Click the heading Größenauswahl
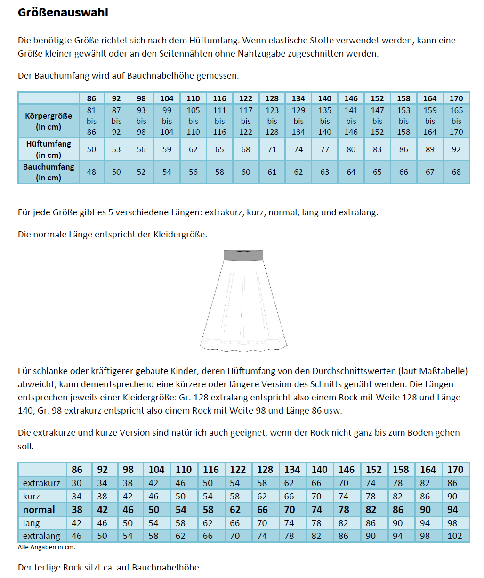(x=63, y=13)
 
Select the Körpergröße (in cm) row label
(x=48, y=121)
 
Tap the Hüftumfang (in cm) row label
(x=48, y=149)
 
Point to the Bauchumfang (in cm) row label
(x=48, y=172)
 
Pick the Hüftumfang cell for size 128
(x=272, y=149)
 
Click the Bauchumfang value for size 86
(x=91, y=172)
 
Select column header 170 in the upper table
(x=456, y=98)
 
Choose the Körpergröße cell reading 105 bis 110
(x=193, y=121)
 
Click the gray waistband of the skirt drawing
(x=243, y=255)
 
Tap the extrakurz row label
(x=41, y=483)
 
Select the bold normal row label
(x=39, y=509)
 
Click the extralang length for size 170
(x=455, y=536)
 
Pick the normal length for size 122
(x=235, y=509)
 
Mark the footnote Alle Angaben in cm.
(x=47, y=547)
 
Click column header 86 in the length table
(x=77, y=469)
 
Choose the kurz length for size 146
(x=344, y=496)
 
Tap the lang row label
(x=31, y=523)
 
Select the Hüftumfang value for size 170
(x=456, y=149)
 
